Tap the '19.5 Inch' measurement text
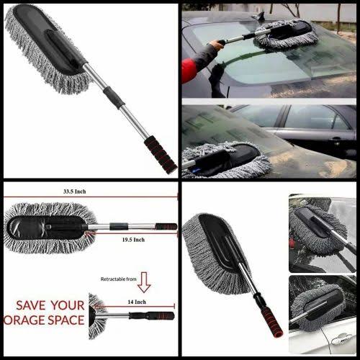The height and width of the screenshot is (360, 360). point(133,239)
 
